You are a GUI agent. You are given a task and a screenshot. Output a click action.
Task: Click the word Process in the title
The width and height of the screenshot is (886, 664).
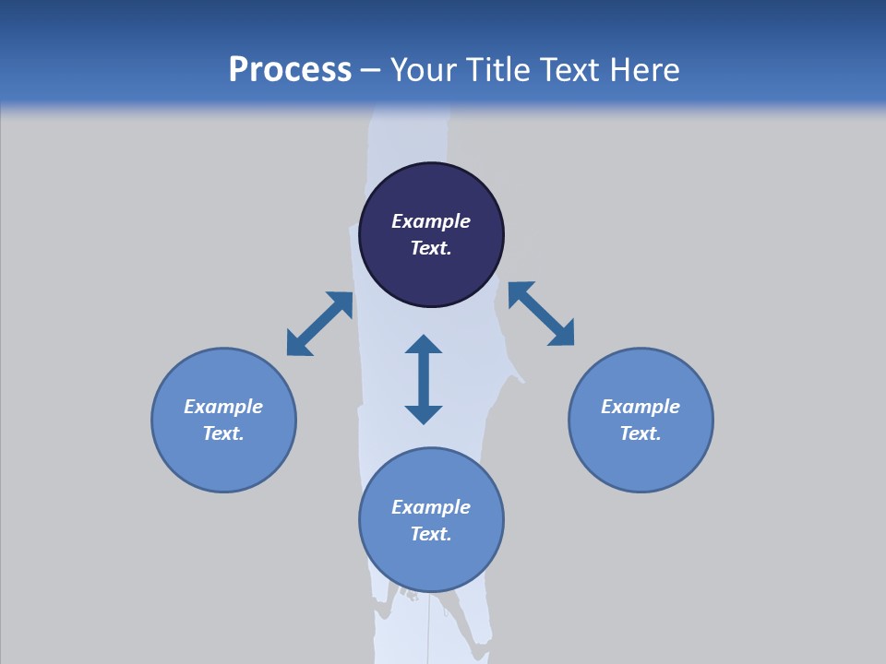coord(290,70)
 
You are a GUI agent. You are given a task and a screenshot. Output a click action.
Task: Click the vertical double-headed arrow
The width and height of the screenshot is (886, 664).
coord(424,379)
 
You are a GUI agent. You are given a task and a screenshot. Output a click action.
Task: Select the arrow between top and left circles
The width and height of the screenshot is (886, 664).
coord(319,324)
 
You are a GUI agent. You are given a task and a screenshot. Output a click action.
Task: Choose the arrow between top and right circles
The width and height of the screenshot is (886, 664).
coord(541,314)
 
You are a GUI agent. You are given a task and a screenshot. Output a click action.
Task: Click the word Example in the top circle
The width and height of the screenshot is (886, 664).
coord(431,221)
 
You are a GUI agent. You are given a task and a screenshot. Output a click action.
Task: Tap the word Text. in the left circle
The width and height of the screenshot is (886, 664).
coord(223,433)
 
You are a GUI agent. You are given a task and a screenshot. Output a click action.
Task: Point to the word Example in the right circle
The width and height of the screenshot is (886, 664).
coord(641,407)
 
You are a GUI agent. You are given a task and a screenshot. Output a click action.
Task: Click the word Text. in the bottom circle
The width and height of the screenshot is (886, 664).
coord(431,534)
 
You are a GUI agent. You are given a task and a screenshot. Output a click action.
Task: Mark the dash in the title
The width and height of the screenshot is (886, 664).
coord(371,70)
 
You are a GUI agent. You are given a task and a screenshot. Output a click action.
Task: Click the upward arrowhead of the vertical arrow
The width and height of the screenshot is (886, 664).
coord(424,345)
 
